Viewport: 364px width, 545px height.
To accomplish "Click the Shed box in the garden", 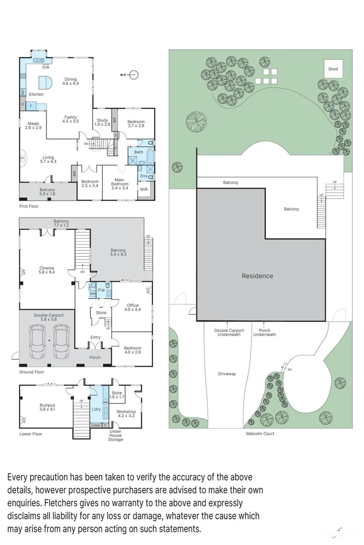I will (333, 69).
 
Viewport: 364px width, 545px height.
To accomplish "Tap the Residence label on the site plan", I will (257, 276).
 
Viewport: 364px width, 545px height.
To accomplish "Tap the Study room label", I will (102, 122).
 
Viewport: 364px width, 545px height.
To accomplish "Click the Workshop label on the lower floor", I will (125, 414).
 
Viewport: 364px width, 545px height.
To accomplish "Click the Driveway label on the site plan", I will (226, 374).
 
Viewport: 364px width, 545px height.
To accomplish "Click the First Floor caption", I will (30, 206).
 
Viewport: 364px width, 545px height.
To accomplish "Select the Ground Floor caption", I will (32, 372).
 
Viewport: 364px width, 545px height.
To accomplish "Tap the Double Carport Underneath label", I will (229, 333).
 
